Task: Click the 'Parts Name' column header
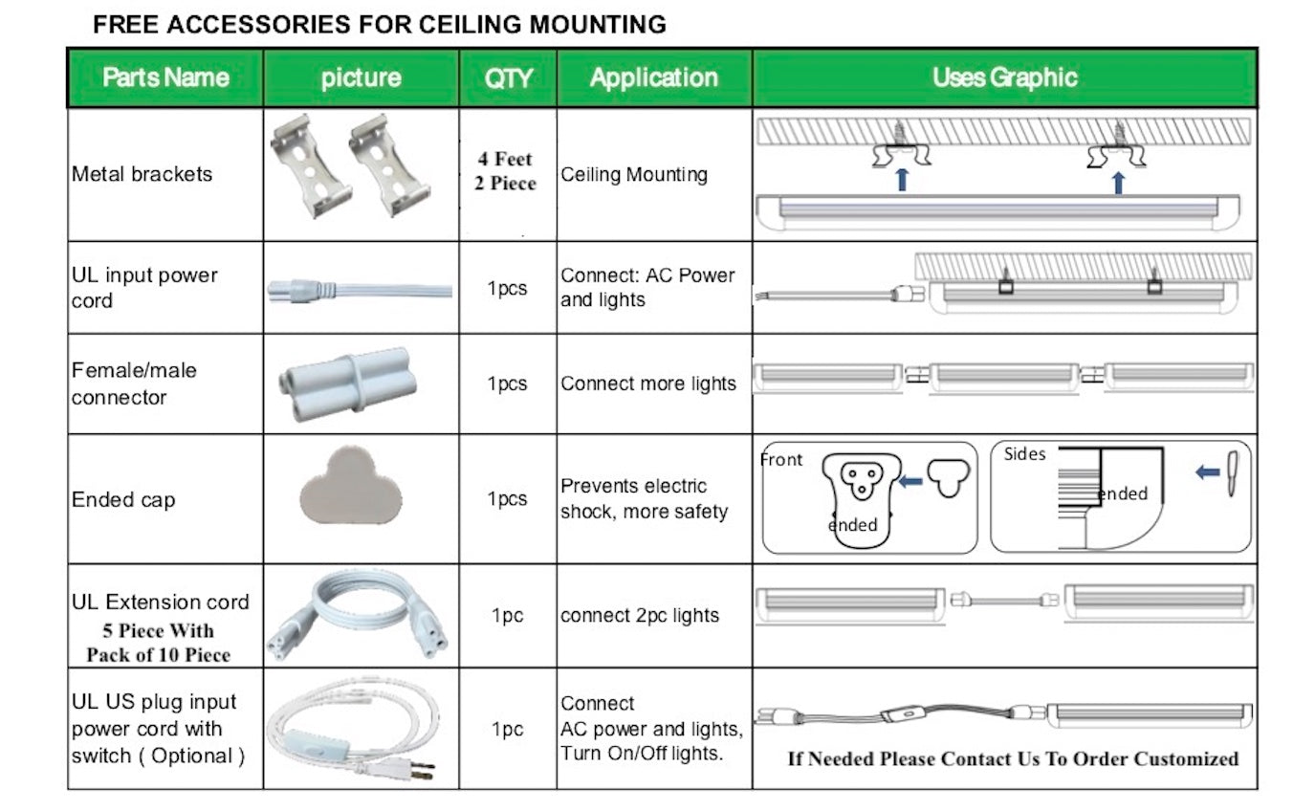click(x=165, y=77)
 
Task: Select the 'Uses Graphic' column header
click(x=1004, y=77)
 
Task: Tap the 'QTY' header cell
click(x=508, y=77)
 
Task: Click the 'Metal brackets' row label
click(x=142, y=174)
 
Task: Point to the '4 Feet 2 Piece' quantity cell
click(x=506, y=170)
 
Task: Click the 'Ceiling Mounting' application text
click(x=634, y=174)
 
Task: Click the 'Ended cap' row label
click(x=123, y=499)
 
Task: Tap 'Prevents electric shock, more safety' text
click(x=644, y=498)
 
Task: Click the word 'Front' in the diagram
click(x=781, y=459)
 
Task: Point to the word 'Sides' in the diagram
click(x=1024, y=454)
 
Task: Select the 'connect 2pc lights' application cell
click(x=640, y=616)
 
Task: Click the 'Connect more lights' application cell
click(x=648, y=384)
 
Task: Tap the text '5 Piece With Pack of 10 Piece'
click(x=159, y=643)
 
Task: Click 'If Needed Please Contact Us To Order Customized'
click(x=1012, y=758)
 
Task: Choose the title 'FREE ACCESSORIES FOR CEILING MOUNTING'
click(x=379, y=25)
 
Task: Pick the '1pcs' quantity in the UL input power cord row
click(x=507, y=288)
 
